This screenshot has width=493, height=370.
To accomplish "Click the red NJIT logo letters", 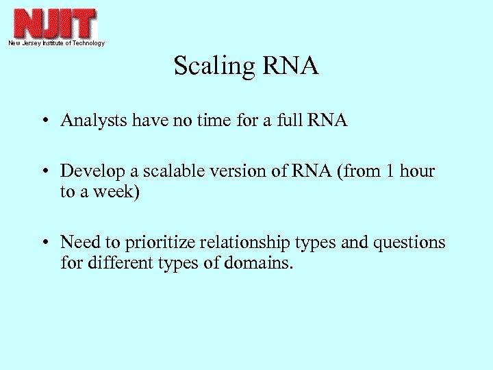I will pyautogui.click(x=55, y=23).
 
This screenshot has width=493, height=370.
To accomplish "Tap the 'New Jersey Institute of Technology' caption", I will pyautogui.click(x=56, y=43).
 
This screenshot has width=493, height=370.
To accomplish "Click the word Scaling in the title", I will pyautogui.click(x=213, y=66).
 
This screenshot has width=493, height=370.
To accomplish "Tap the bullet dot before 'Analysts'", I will pyautogui.click(x=43, y=122).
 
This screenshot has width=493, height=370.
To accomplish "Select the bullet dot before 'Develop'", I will pyautogui.click(x=43, y=171).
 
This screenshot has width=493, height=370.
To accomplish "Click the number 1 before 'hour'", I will pyautogui.click(x=390, y=171).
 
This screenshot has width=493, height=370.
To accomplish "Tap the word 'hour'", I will pyautogui.click(x=417, y=171).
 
